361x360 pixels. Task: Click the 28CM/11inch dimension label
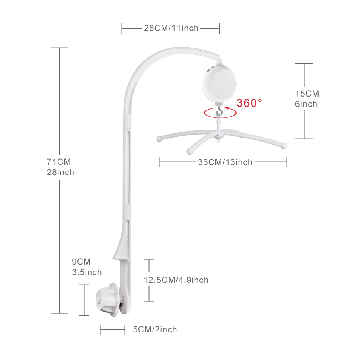171,28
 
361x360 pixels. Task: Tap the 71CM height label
59,162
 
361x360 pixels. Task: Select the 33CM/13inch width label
225,162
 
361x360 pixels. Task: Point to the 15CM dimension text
307,94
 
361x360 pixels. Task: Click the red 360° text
249,103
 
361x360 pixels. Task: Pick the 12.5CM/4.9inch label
176,280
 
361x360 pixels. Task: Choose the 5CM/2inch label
155,329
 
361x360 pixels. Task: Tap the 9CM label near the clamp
81,262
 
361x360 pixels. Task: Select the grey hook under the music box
219,112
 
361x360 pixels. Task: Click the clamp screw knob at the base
108,300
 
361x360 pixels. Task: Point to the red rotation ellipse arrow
220,117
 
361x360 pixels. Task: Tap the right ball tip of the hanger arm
284,146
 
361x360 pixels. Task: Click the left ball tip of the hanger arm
159,139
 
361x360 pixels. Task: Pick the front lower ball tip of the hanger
190,151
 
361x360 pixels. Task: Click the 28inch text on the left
60,173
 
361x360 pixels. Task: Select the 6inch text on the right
306,104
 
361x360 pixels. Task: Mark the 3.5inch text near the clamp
87,272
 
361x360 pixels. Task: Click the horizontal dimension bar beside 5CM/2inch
113,330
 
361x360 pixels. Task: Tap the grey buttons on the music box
209,70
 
